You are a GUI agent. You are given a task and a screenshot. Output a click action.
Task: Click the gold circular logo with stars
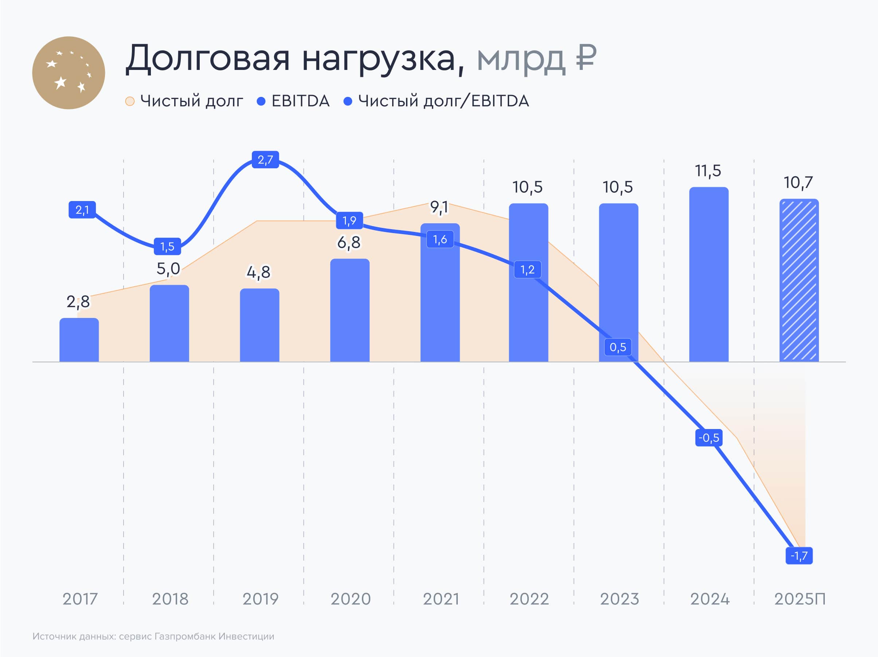tap(68, 73)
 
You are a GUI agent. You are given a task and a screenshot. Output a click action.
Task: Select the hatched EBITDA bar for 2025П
tap(799, 280)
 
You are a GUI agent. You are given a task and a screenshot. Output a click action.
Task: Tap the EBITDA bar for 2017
tap(79, 340)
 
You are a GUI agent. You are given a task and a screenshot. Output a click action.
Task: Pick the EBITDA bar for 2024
tap(709, 275)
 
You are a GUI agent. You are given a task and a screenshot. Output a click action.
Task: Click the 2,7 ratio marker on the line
tap(265, 160)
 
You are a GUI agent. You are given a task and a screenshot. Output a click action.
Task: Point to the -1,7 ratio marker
tap(799, 555)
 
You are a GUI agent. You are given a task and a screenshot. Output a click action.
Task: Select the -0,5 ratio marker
tap(709, 438)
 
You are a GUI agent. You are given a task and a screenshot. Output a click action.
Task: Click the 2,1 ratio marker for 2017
tap(82, 210)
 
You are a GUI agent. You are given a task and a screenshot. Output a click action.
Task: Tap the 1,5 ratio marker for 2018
tap(167, 246)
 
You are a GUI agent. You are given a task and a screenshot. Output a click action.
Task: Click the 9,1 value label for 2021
tap(439, 207)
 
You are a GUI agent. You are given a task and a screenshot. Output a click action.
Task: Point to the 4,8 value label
tap(258, 272)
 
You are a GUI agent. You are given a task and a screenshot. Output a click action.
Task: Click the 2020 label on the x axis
tap(351, 599)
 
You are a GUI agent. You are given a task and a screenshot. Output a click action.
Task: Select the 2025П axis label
tap(799, 599)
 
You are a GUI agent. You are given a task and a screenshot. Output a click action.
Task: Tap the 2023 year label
tap(619, 599)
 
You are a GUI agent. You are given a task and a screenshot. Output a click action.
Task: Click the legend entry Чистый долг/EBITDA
tap(443, 101)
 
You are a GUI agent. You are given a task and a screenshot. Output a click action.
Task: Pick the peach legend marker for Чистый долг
tap(130, 102)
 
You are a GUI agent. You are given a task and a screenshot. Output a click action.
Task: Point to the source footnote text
tap(153, 636)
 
